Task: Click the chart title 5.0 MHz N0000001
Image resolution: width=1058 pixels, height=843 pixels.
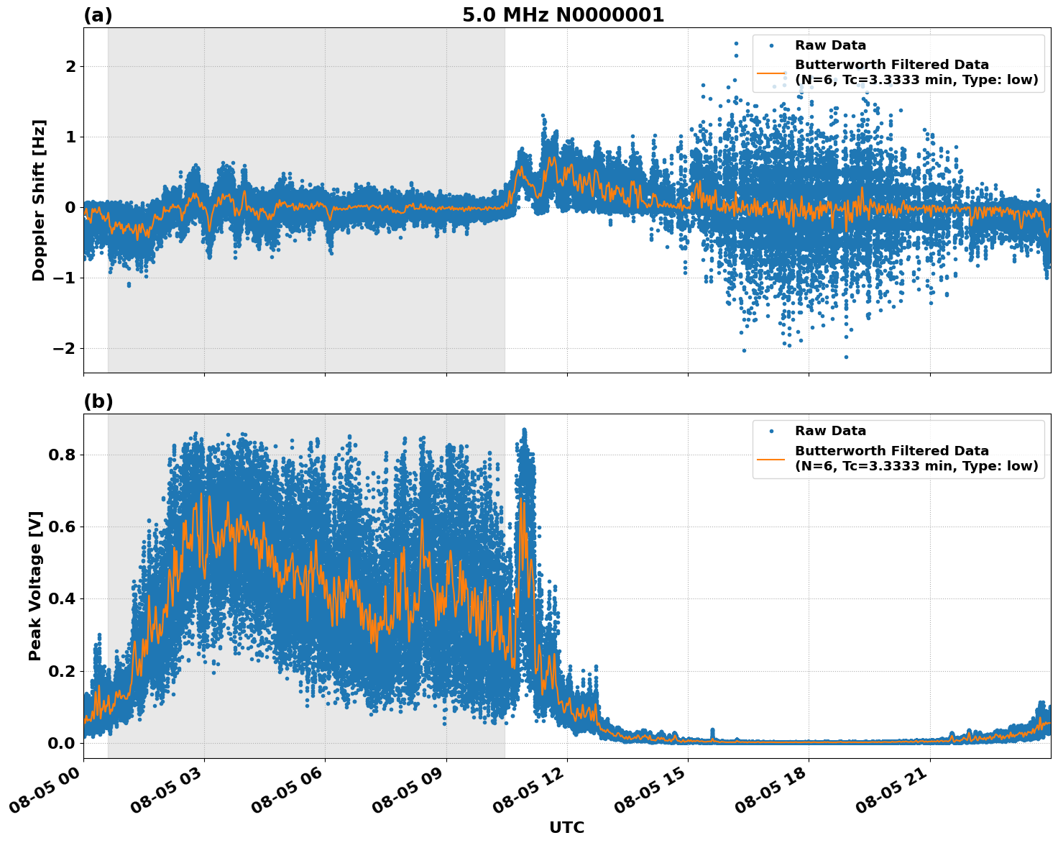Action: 563,15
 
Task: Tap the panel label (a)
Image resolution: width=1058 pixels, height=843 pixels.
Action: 98,15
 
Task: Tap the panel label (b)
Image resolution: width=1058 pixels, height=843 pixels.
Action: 98,401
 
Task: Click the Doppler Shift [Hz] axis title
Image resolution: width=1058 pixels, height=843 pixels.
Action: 39,200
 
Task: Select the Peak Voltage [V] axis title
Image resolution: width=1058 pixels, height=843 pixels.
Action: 35,585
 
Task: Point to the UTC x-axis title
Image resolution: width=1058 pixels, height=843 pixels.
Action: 566,827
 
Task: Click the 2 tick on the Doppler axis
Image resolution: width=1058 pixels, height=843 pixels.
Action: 70,67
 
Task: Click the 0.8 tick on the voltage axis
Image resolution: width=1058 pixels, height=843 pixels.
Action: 62,455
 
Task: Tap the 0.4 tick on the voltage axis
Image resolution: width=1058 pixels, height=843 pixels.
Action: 62,599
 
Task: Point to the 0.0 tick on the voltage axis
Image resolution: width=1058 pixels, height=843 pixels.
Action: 62,743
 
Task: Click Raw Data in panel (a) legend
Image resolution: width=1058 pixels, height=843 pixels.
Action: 830,45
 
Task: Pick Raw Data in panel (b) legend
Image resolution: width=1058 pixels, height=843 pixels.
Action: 830,431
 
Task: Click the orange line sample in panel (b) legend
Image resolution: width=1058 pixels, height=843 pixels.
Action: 770,458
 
